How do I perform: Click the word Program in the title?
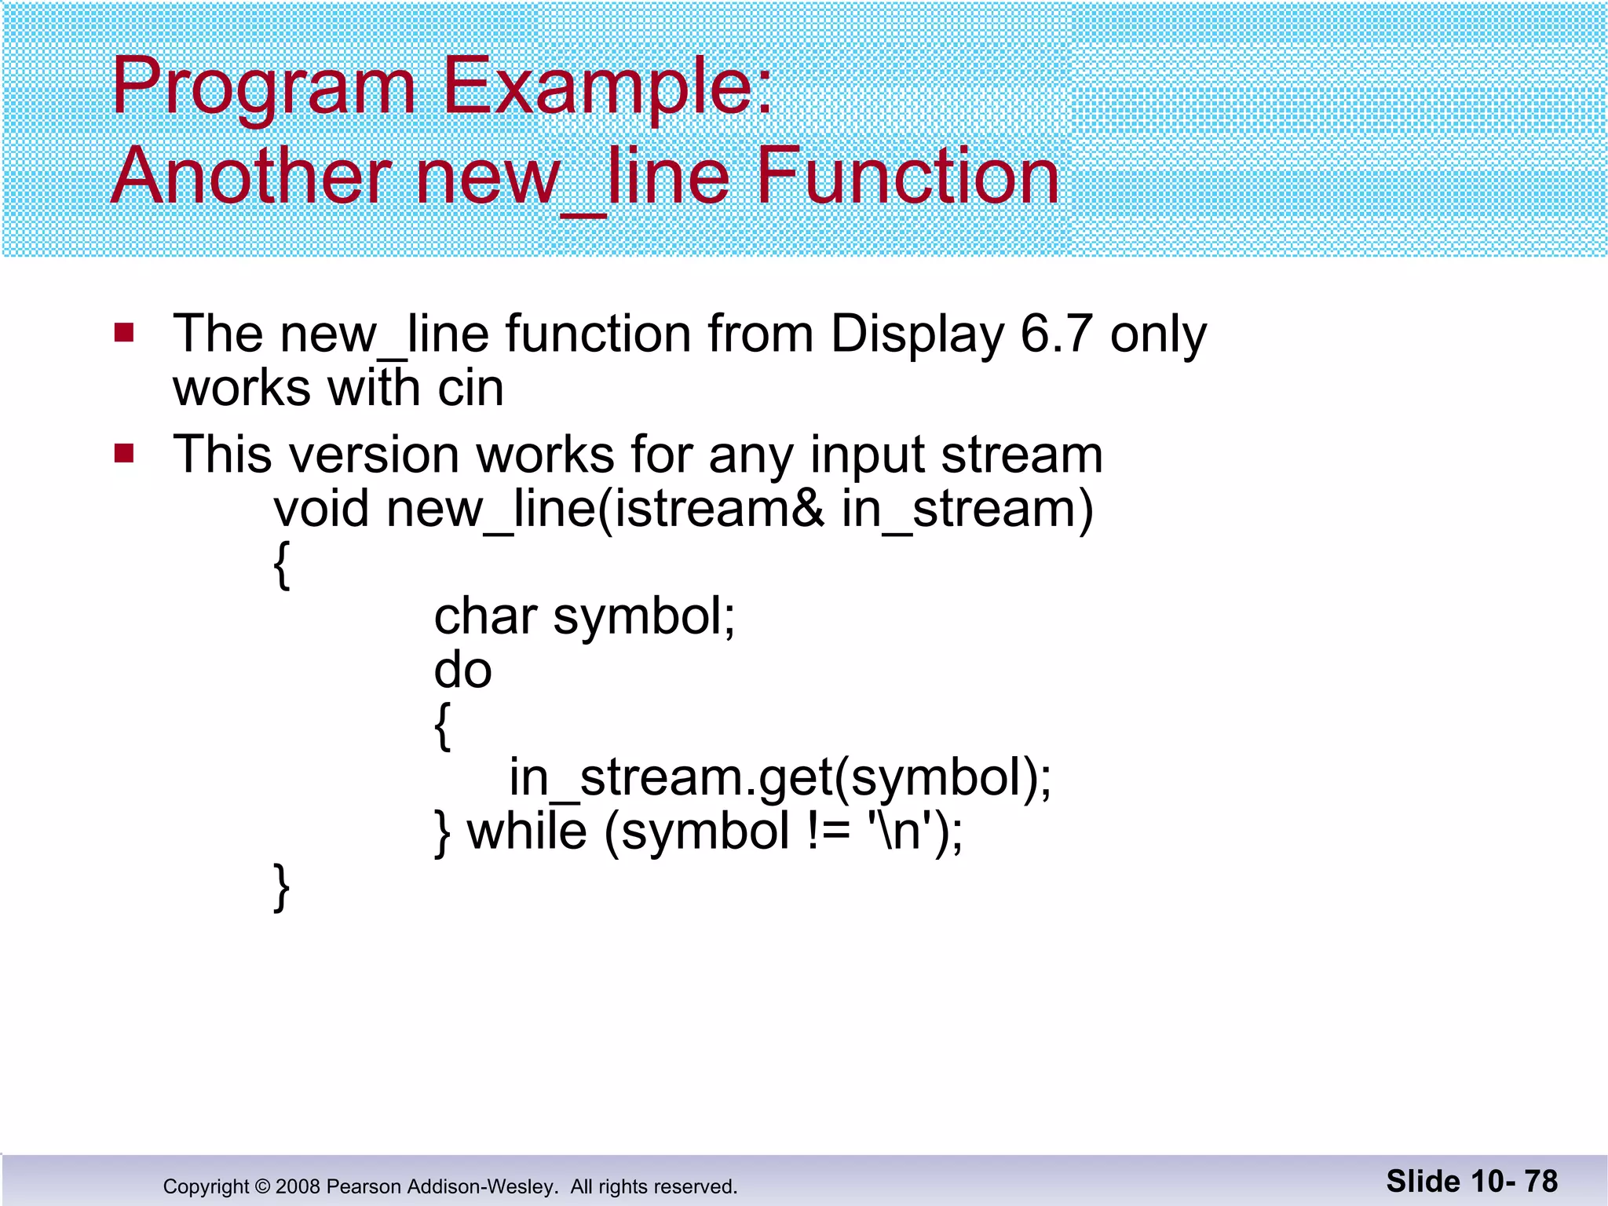(263, 88)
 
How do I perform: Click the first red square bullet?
(124, 333)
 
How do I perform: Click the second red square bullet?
(124, 454)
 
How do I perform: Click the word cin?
(470, 388)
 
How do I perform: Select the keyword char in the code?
(484, 616)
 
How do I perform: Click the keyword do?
(462, 671)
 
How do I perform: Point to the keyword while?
(527, 831)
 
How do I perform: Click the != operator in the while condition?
(828, 831)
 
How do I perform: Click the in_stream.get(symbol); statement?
(780, 777)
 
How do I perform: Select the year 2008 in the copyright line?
(298, 1186)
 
